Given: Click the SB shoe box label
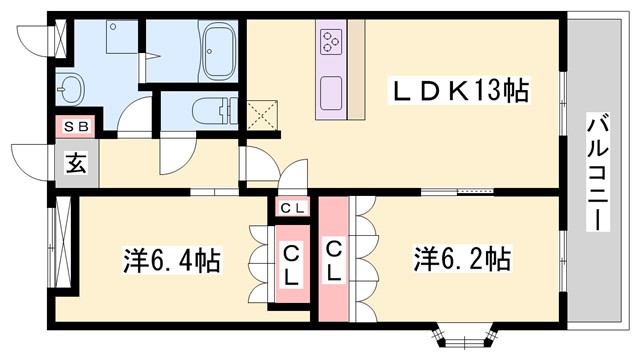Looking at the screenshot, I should click(74, 127).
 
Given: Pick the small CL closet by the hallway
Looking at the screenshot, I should click(293, 208).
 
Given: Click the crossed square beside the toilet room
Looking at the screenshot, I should click(262, 112).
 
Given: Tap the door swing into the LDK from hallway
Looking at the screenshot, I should click(254, 164).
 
